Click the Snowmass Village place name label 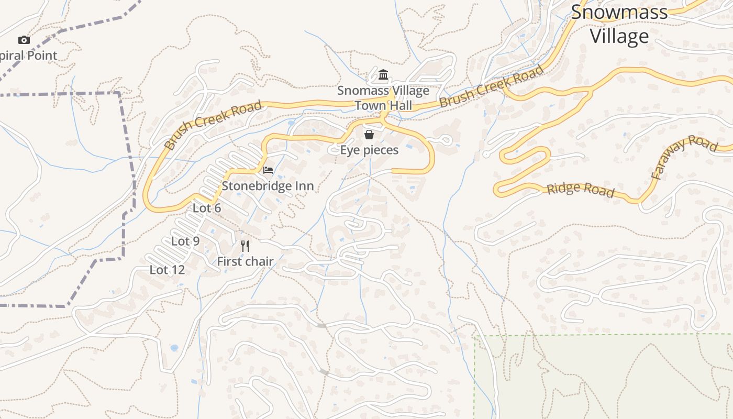pyautogui.click(x=619, y=24)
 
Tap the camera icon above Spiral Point pyautogui.click(x=24, y=40)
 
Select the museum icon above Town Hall pyautogui.click(x=383, y=75)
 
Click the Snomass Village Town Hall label pyautogui.click(x=383, y=98)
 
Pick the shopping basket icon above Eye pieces pyautogui.click(x=369, y=135)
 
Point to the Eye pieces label pyautogui.click(x=369, y=150)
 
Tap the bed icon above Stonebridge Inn pyautogui.click(x=268, y=170)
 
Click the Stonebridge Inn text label pyautogui.click(x=268, y=186)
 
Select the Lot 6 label pyautogui.click(x=207, y=208)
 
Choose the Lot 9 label pyautogui.click(x=185, y=241)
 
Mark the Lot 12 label pyautogui.click(x=167, y=270)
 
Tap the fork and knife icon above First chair pyautogui.click(x=245, y=246)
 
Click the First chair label pyautogui.click(x=245, y=261)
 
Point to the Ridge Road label pyautogui.click(x=580, y=190)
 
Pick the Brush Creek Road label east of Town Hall pyautogui.click(x=491, y=86)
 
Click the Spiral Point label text pyautogui.click(x=29, y=56)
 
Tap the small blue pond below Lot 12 pyautogui.click(x=174, y=348)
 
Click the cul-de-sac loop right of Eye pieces pyautogui.click(x=446, y=140)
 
